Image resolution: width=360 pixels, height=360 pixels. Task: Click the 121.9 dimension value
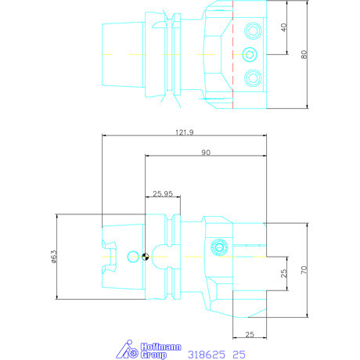tap(184, 132)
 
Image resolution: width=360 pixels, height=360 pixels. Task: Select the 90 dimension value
tap(206, 153)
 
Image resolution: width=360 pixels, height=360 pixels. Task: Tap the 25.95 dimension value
tap(163, 193)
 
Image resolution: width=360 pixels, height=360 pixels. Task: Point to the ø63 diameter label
tap(54, 257)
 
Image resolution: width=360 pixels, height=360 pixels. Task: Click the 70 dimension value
tap(304, 270)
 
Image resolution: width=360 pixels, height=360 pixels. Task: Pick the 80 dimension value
tap(304, 54)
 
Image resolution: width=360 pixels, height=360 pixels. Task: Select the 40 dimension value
tap(284, 27)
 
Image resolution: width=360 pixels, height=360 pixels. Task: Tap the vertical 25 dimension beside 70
tap(284, 273)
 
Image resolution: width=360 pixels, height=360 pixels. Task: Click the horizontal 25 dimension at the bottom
tap(250, 334)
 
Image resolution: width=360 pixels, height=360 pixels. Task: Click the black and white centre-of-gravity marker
tap(146, 257)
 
